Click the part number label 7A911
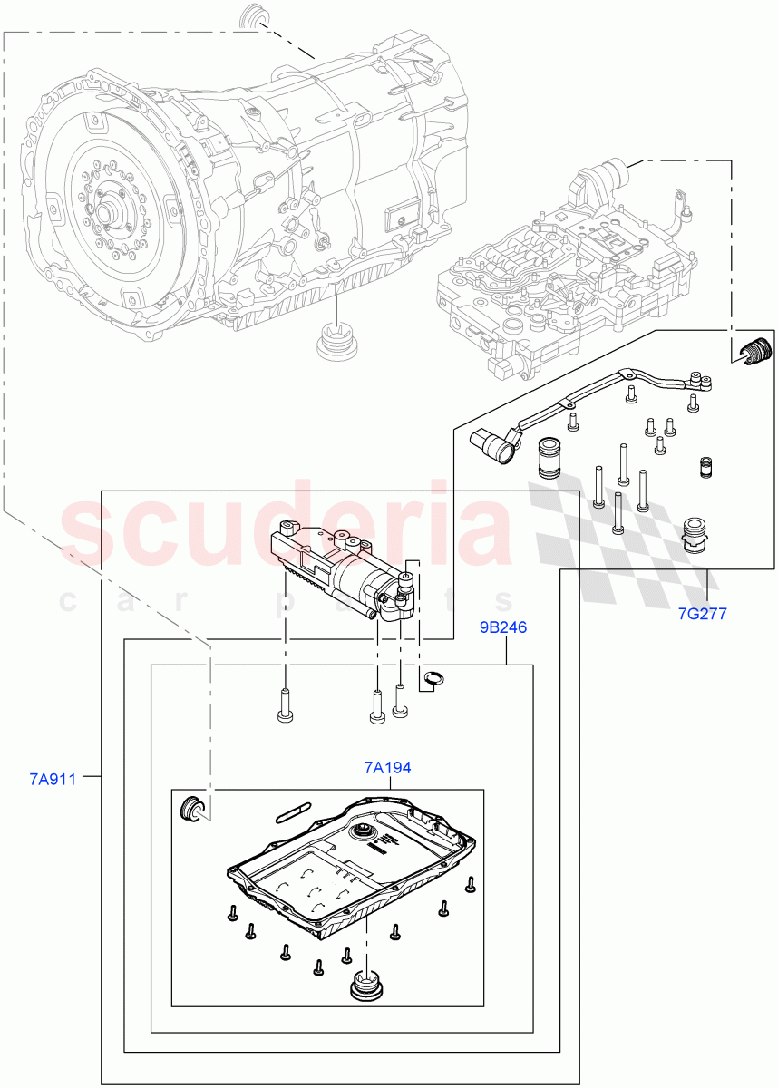click(x=51, y=778)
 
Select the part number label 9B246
click(x=503, y=627)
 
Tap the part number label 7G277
click(x=703, y=613)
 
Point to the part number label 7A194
click(x=387, y=768)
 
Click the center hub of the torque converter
click(x=109, y=214)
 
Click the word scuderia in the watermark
click(x=287, y=530)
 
